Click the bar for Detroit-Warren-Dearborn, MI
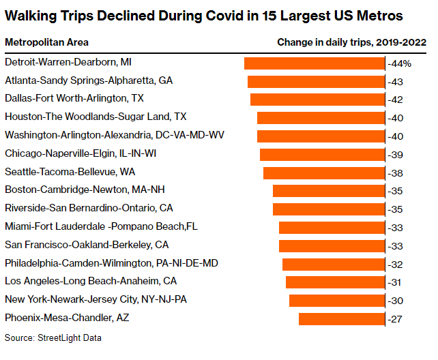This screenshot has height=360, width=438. click(315, 63)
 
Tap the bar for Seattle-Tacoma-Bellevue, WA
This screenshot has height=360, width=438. click(324, 172)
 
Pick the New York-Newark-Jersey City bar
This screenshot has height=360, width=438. click(337, 300)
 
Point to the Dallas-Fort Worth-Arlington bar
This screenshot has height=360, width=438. click(318, 99)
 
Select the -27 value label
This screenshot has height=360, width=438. click(396, 319)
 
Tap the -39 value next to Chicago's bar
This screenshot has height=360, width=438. click(396, 154)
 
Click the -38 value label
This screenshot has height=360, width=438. click(396, 172)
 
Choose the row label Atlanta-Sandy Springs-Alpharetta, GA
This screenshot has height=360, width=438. click(89, 80)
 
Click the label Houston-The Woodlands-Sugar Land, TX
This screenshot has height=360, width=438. click(96, 117)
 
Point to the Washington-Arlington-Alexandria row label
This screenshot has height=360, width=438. click(115, 135)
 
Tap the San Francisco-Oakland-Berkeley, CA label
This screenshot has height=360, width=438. click(87, 244)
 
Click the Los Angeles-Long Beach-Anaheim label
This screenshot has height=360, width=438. click(91, 281)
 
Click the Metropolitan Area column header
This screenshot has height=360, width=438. click(46, 42)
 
